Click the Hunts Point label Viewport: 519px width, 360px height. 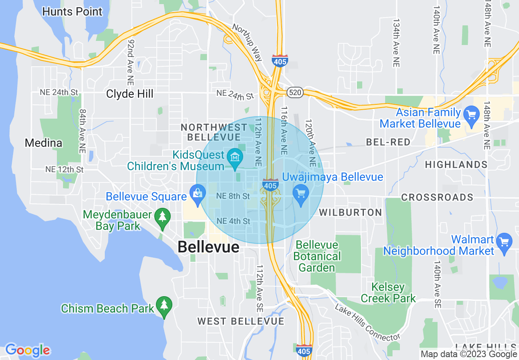coord(72,11)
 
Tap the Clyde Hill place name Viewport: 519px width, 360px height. coord(130,94)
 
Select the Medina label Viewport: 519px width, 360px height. coord(43,143)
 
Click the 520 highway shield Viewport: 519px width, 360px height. coord(294,92)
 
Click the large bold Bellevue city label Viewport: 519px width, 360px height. coord(208,247)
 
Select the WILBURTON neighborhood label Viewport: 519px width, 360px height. coord(350,212)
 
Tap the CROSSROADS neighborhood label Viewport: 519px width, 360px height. coord(437,197)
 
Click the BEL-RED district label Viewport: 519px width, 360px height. coord(388,142)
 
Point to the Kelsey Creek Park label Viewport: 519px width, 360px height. coord(388,293)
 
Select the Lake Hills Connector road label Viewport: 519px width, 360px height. coord(367,323)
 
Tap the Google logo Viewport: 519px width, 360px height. coord(27,350)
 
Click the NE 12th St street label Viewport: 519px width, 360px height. coord(64,169)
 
